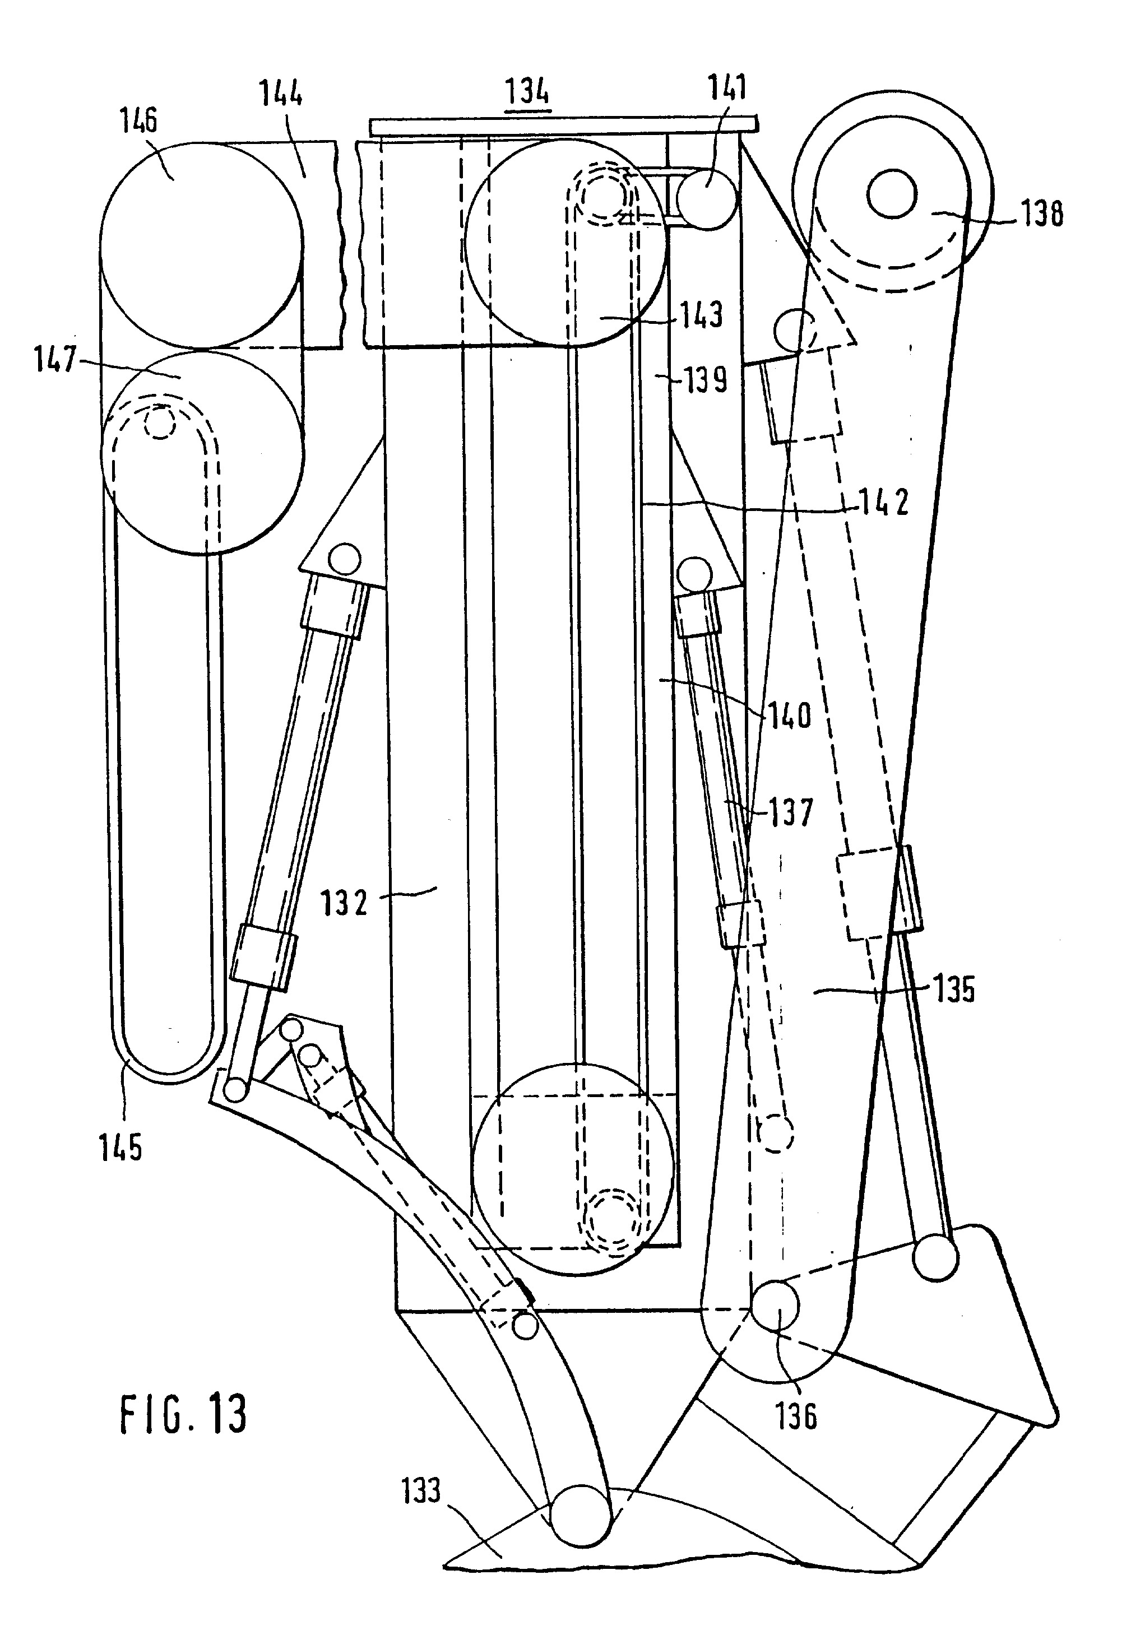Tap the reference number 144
click(281, 94)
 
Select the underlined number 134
click(527, 92)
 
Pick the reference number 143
click(701, 315)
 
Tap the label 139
click(705, 381)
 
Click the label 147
click(54, 360)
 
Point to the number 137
click(790, 812)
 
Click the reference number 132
click(344, 903)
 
